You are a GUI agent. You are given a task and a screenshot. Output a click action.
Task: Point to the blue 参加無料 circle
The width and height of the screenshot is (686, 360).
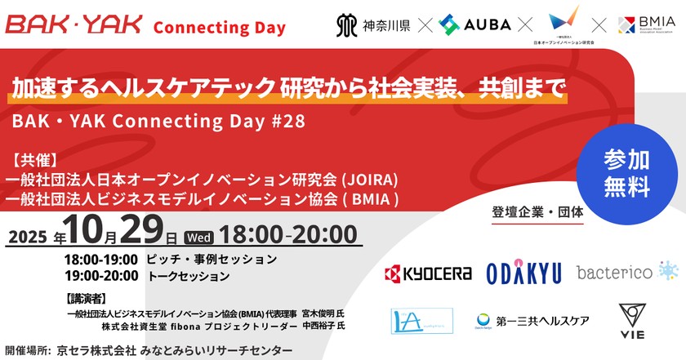click(626, 174)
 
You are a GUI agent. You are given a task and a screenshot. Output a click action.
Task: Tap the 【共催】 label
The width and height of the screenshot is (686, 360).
click(33, 159)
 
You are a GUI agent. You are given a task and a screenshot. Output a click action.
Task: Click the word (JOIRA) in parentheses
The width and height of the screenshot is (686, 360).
click(371, 177)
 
